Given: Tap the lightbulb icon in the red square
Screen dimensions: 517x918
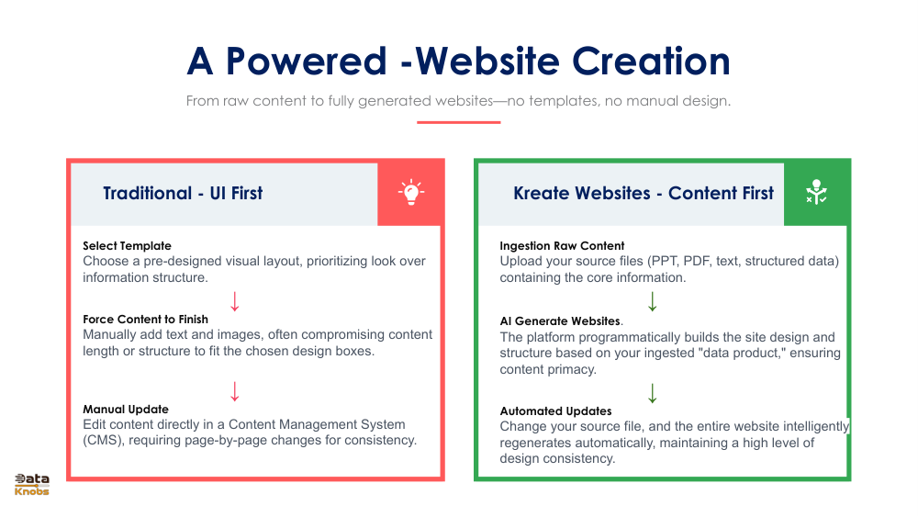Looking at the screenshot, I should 410,192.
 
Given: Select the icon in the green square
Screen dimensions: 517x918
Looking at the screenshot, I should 816,193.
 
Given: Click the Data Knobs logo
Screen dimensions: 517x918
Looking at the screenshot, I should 32,484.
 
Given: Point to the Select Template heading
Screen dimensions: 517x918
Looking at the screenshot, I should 127,246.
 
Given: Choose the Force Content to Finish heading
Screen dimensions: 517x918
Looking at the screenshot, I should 145,320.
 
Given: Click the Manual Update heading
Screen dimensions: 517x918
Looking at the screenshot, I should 126,410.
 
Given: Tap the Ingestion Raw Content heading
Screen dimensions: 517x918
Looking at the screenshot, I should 562,246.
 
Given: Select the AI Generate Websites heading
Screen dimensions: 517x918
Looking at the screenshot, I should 560,321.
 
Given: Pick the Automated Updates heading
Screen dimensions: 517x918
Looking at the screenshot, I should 555,411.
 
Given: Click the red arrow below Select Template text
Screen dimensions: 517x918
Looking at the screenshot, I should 235,301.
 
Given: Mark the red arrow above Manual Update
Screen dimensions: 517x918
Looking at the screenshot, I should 235,391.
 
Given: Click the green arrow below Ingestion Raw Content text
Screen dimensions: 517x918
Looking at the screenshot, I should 653,301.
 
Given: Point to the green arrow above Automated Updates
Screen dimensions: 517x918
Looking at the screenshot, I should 653,393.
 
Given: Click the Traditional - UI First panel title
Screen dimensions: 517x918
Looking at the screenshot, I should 183,193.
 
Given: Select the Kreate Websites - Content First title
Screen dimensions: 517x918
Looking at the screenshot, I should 644,193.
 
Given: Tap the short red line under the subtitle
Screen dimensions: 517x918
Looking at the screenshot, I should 458,121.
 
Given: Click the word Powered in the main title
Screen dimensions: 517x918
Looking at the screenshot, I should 307,61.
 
